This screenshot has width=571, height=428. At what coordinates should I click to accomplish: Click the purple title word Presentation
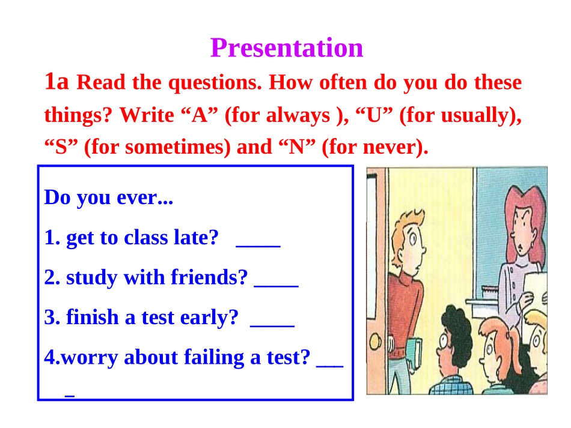click(287, 47)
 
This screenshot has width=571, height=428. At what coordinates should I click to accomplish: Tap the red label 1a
click(56, 81)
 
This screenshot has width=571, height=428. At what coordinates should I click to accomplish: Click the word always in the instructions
click(298, 115)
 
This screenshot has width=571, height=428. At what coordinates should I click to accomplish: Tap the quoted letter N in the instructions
click(296, 147)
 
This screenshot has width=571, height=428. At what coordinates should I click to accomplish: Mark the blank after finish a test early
click(272, 326)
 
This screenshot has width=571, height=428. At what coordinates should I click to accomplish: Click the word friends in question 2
click(209, 277)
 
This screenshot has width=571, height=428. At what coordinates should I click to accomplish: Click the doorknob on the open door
click(375, 341)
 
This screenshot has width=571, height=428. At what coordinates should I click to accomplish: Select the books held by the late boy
click(414, 352)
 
